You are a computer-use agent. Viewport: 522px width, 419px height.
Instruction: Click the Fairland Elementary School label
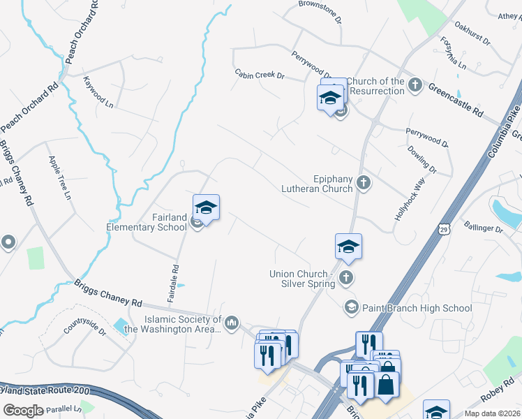click(x=147, y=222)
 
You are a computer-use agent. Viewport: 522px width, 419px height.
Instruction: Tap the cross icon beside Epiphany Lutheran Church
click(x=363, y=183)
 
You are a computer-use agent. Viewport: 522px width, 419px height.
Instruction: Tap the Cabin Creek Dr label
click(x=260, y=75)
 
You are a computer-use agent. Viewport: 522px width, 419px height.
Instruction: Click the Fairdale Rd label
click(x=174, y=277)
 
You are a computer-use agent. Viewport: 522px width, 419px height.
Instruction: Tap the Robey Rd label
click(x=497, y=395)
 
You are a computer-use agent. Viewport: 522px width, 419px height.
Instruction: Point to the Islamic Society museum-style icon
click(x=232, y=323)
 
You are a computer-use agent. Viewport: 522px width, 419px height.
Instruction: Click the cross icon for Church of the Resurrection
click(x=415, y=85)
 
